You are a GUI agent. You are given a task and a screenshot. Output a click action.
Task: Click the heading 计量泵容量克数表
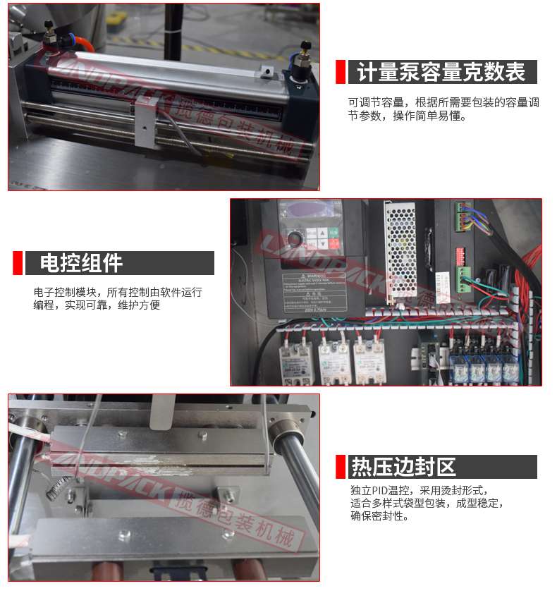441,73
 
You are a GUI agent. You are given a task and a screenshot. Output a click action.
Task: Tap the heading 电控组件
81,263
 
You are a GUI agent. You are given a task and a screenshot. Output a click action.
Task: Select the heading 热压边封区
404,467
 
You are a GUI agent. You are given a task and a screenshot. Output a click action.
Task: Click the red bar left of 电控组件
18,263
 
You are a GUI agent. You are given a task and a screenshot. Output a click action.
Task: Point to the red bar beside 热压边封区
341,467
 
